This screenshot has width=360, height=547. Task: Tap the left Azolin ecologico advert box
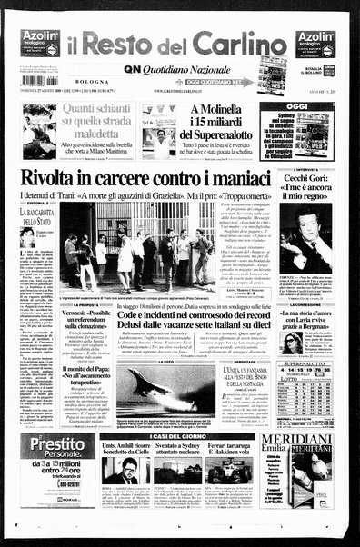[x=41, y=43]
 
